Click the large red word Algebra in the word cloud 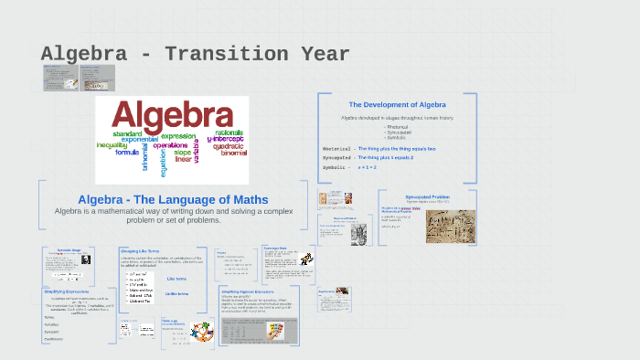(172, 117)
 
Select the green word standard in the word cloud (127, 134)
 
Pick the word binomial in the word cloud (234, 153)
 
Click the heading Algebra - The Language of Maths (173, 199)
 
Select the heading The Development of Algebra (394, 104)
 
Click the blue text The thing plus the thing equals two (397, 148)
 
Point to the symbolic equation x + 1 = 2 (367, 168)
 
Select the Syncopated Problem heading (427, 196)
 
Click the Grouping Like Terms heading (142, 250)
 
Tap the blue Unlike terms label (177, 293)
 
